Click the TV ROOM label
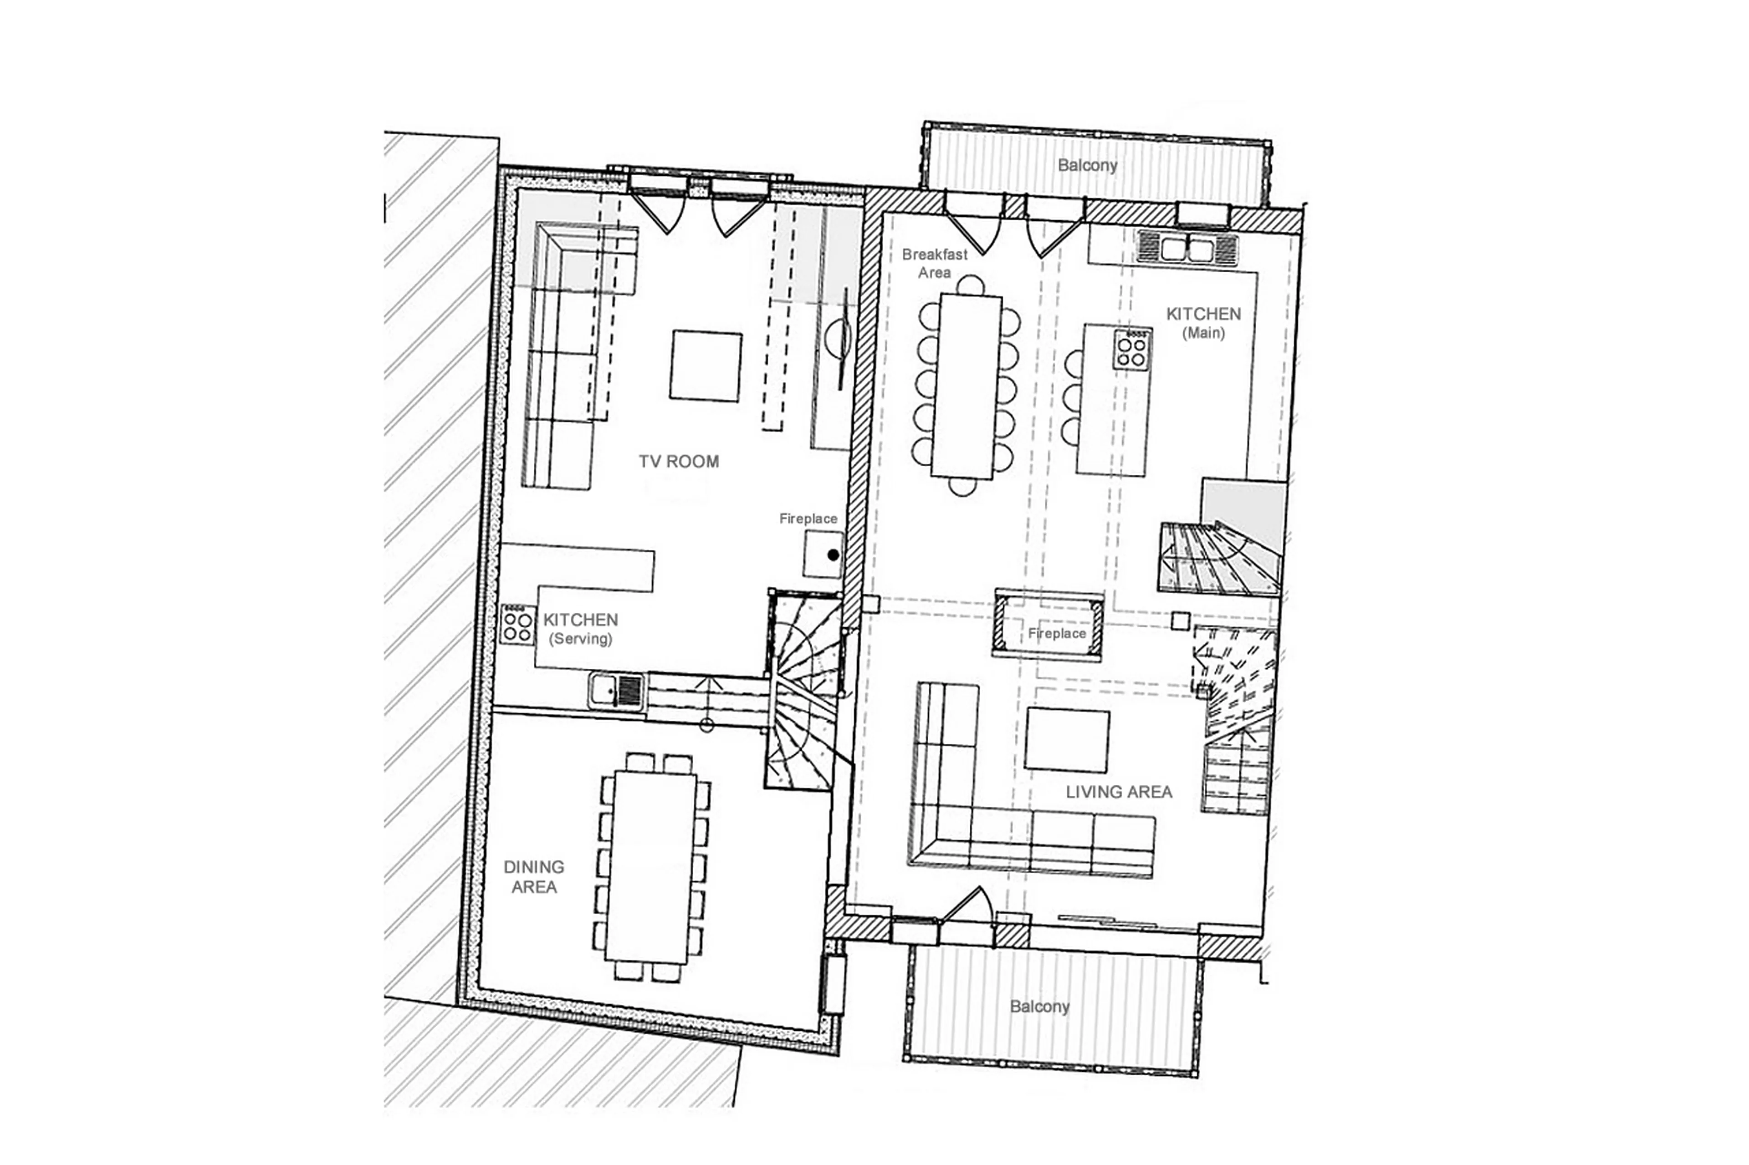pos(679,461)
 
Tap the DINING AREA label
pos(534,877)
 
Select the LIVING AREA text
pos(1119,792)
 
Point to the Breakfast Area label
pos(934,263)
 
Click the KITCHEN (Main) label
pos(1203,322)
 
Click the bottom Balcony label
pos(1039,1007)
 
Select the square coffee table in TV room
pos(706,366)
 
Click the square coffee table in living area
pos(1067,740)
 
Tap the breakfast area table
pos(967,387)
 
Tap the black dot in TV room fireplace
pos(833,554)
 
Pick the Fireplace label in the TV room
pos(808,519)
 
